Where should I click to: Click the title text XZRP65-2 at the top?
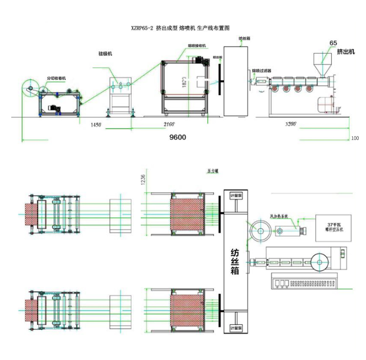click(142, 29)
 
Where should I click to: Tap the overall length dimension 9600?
click(177, 138)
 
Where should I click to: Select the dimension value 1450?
click(96, 125)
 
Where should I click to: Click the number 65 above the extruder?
click(333, 43)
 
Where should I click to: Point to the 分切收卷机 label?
click(56, 78)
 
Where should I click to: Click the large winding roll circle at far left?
click(30, 89)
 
